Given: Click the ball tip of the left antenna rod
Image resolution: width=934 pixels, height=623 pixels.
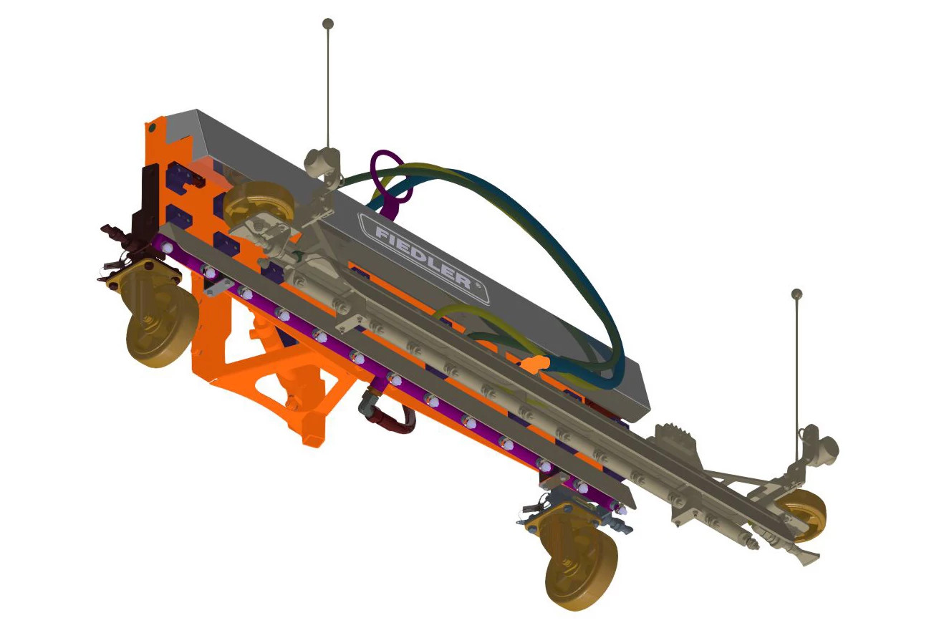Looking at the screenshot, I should [x=328, y=24].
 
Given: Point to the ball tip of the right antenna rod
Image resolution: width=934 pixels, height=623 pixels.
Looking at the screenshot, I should [x=796, y=294].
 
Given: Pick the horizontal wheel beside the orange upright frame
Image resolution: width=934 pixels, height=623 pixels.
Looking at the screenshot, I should [x=259, y=204].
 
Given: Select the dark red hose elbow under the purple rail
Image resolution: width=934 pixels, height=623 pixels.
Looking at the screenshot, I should [x=390, y=415].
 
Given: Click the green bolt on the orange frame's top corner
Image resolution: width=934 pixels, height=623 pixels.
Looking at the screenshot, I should [x=151, y=127].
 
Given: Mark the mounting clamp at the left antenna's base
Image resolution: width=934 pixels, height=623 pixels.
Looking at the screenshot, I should [x=322, y=161].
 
